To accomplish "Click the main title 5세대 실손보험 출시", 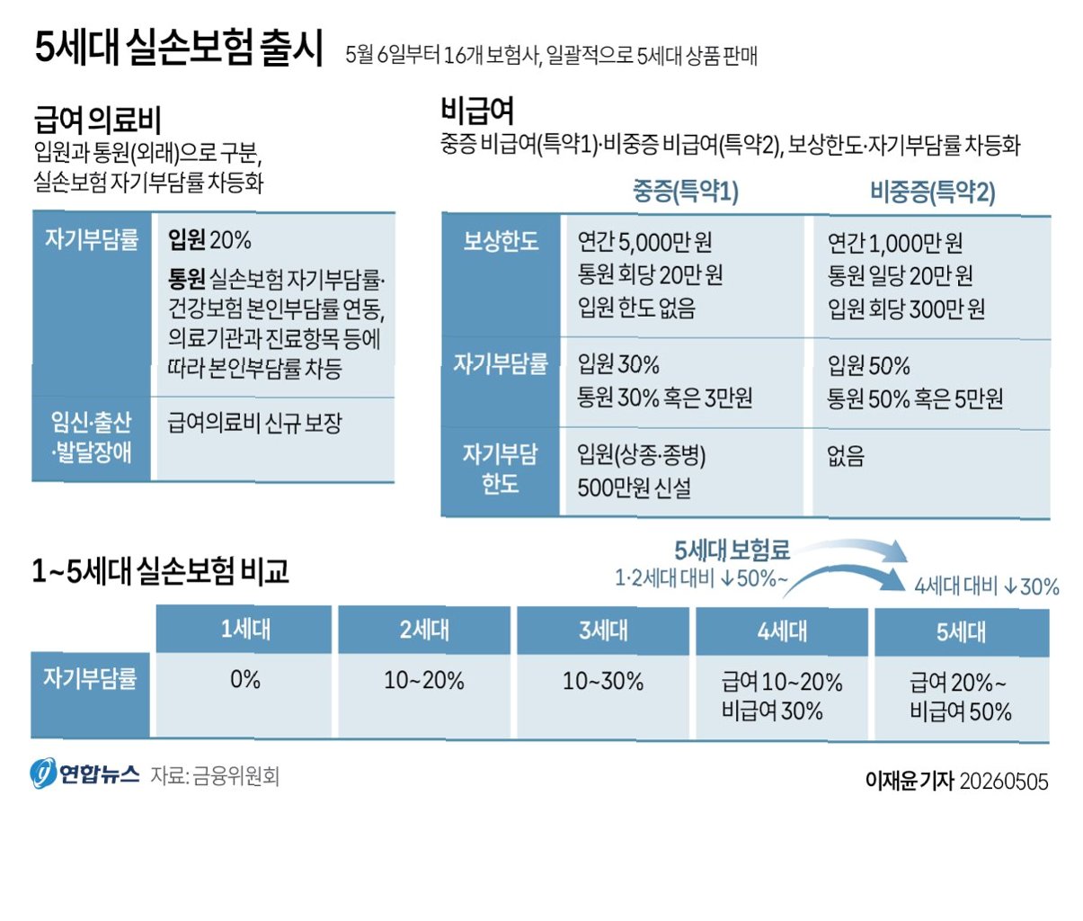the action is click(x=179, y=49).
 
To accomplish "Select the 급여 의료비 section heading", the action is click(x=97, y=120).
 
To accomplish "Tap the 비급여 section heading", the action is click(x=477, y=110).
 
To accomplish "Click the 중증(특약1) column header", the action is click(x=686, y=191).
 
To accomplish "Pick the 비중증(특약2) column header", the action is click(x=933, y=192).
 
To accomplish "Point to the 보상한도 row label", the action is click(x=501, y=241).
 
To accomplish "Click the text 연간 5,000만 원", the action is click(x=644, y=242).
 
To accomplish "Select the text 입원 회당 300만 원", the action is click(x=906, y=308).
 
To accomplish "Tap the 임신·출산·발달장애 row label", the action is click(x=91, y=437).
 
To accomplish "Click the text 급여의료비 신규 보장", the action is click(x=254, y=423).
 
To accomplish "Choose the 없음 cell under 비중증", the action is click(x=846, y=455).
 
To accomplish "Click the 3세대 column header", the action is click(x=603, y=630).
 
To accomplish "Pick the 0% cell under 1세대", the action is click(x=245, y=680).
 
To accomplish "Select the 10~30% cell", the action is click(x=603, y=682).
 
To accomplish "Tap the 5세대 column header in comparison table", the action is click(x=961, y=632).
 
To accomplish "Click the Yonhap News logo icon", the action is click(x=42, y=773).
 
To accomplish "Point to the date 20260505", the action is click(x=1004, y=782).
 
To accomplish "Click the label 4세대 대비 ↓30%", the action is click(x=987, y=586).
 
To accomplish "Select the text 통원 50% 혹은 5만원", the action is click(x=915, y=399).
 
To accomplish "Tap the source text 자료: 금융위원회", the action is click(x=215, y=776).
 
